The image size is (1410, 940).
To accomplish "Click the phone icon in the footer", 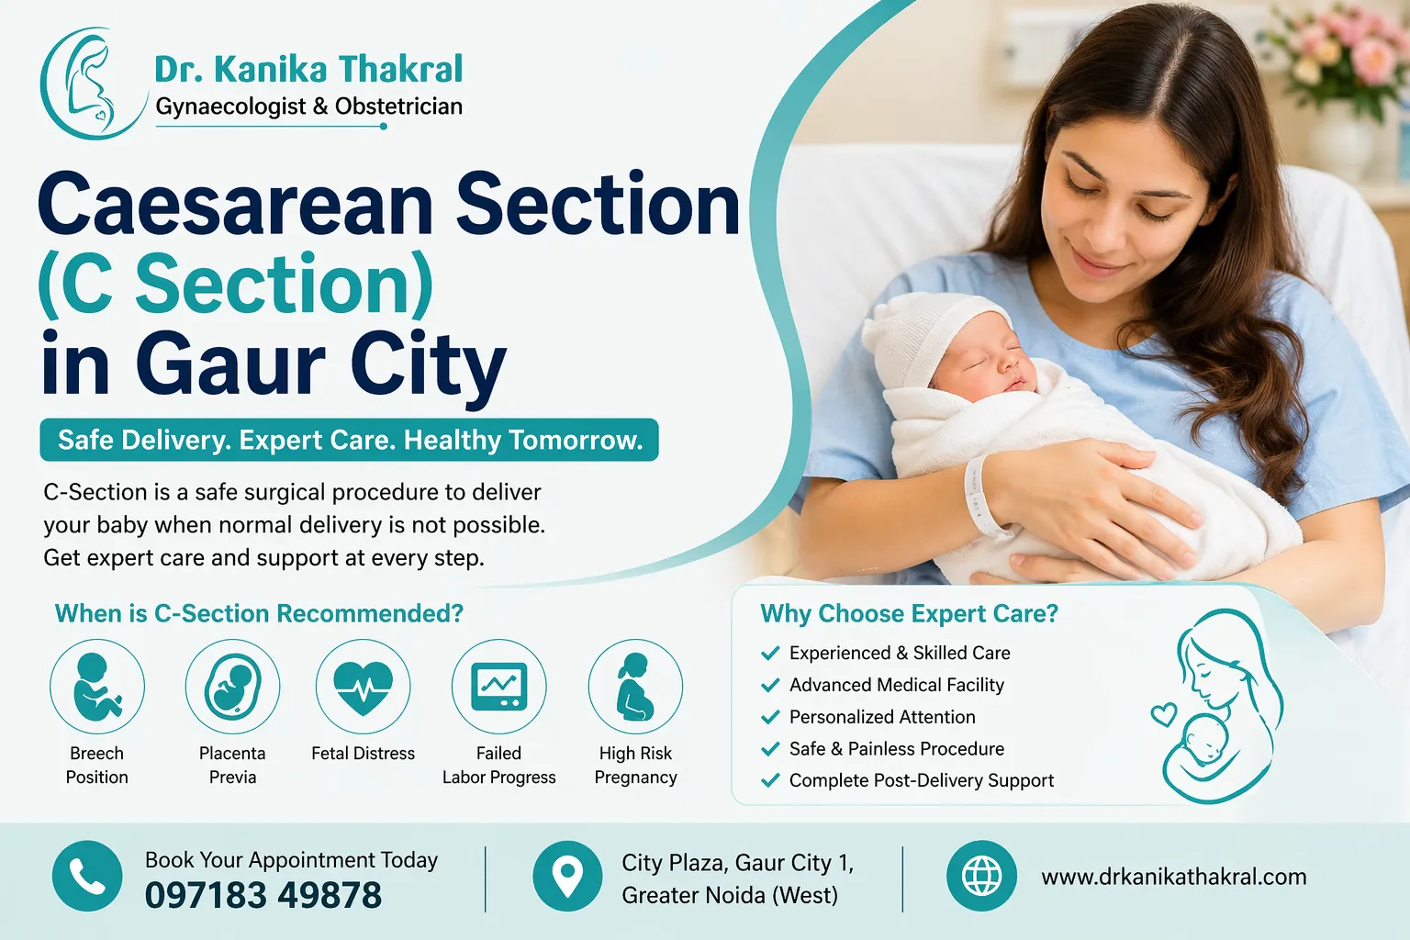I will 87,876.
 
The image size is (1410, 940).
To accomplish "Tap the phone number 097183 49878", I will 263,895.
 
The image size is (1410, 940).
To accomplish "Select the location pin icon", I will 567,876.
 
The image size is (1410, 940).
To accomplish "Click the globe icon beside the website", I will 981,876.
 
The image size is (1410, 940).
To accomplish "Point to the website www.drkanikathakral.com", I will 1173,877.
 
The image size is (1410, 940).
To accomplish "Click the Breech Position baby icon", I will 97,687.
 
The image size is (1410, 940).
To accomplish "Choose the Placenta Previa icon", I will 232,687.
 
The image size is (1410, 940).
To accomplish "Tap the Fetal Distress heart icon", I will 364,687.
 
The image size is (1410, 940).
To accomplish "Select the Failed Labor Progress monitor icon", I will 498,687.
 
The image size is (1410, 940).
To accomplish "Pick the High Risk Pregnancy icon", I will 635,687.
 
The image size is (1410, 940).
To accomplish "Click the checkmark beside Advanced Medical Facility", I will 770,686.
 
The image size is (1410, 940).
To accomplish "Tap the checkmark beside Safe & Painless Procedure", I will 770,749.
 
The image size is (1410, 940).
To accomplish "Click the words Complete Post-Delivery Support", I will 921,780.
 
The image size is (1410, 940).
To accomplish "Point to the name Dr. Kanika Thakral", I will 308,69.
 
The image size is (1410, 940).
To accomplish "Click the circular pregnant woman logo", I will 92,83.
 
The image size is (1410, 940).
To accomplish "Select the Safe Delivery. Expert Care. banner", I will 349,440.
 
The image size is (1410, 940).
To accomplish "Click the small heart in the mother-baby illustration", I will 1164,713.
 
